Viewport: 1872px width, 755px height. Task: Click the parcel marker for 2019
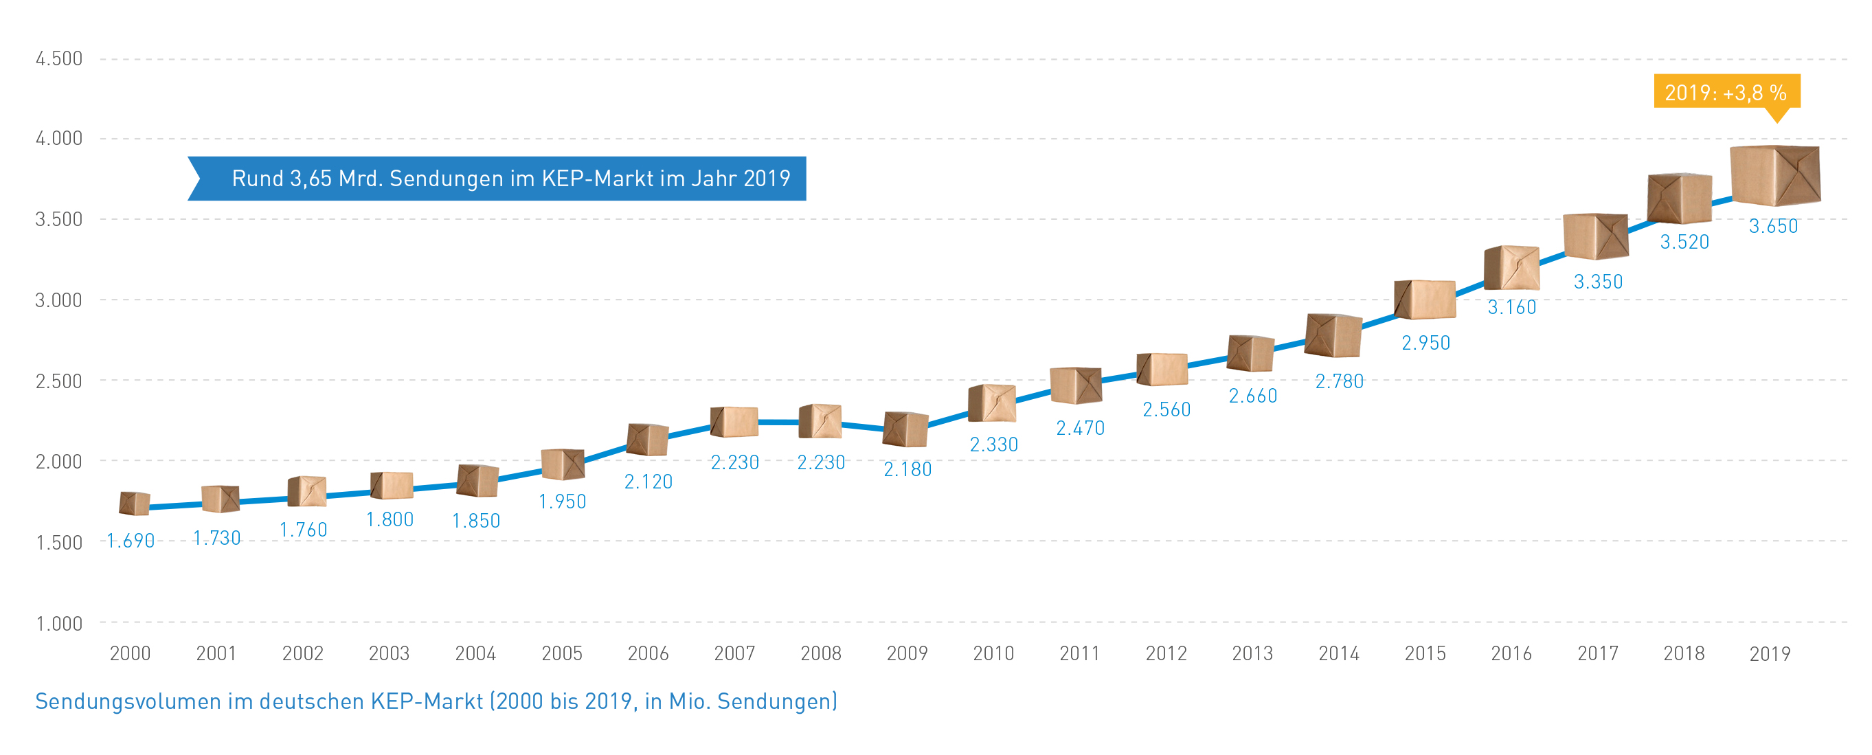1774,176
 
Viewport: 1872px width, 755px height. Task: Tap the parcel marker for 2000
135,503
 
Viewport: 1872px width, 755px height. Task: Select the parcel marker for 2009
905,429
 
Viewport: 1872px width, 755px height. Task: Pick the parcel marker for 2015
1425,300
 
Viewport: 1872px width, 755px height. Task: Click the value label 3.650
1773,226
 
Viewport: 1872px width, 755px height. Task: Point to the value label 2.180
907,469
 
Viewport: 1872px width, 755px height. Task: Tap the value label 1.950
562,502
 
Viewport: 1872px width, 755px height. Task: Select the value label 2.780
1340,381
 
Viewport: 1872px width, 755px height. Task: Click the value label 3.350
1598,282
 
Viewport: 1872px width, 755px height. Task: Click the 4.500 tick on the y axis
59,59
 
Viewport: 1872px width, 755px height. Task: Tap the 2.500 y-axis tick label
59,381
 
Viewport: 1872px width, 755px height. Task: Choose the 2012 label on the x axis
1166,653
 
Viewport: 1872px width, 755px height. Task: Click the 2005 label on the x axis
562,653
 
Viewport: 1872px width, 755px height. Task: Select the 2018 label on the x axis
1684,653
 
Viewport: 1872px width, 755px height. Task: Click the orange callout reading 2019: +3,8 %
1726,92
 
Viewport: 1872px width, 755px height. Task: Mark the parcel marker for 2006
648,440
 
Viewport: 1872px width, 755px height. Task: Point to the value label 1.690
131,541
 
